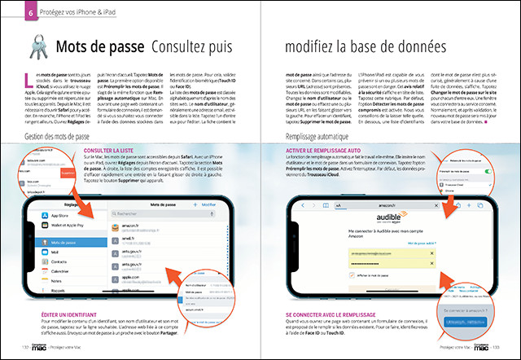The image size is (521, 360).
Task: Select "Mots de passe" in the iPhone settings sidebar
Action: point(69,243)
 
